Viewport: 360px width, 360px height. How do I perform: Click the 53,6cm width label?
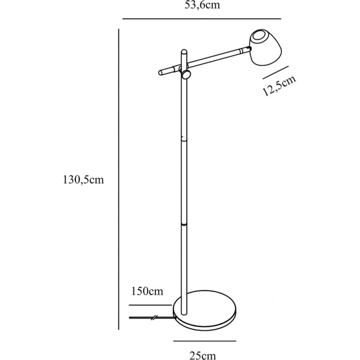coord(202,5)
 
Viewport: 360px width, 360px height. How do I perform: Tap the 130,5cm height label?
coord(83,180)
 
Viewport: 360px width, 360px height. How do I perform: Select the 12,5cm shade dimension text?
coord(279,85)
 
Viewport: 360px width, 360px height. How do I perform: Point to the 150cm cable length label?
coord(147,291)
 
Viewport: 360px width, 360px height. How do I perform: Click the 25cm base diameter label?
coord(202,356)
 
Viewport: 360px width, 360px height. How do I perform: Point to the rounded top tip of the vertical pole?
coord(184,51)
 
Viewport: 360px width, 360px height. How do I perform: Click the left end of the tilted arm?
coord(160,73)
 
